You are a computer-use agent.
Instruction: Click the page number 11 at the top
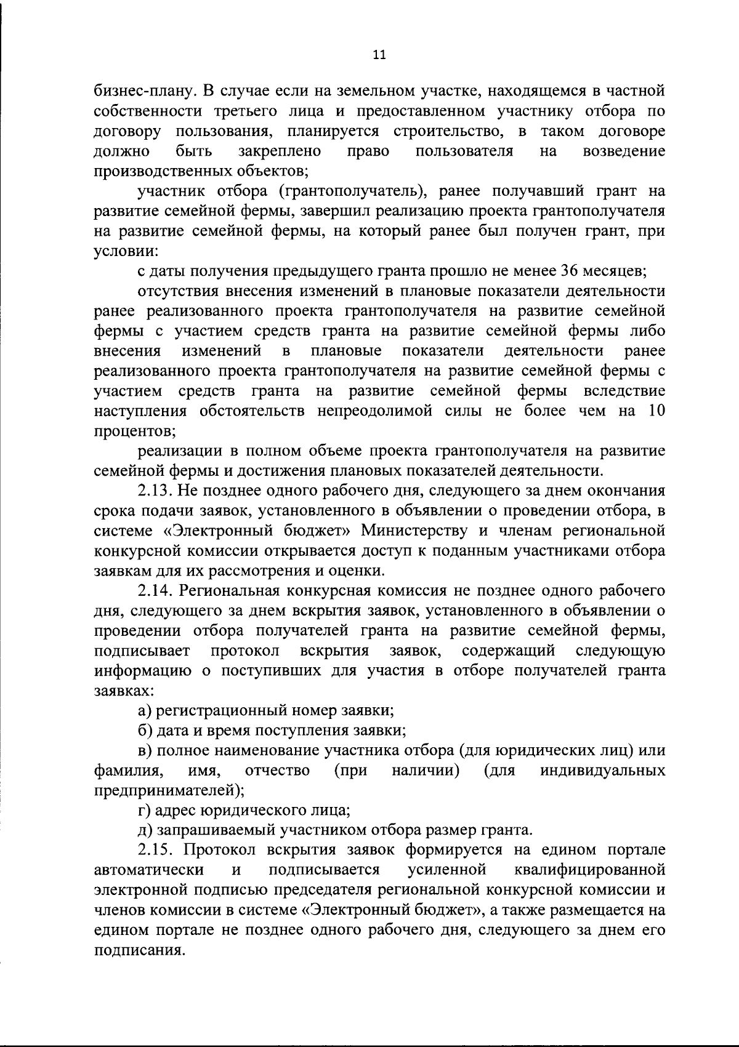(x=379, y=55)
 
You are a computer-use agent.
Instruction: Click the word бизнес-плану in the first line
(x=142, y=91)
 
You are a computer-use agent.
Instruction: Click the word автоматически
(x=150, y=870)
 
